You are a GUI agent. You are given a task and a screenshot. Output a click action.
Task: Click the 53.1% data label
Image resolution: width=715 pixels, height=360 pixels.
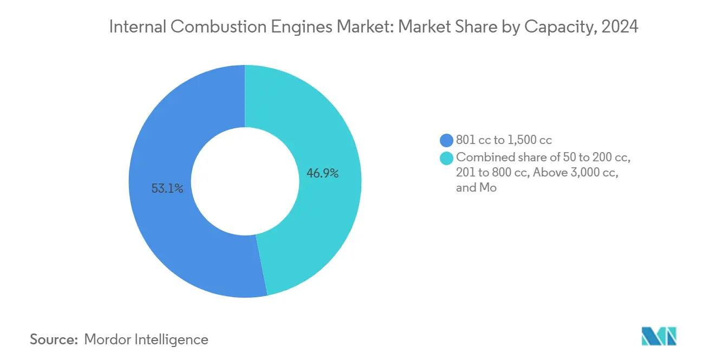tap(167, 189)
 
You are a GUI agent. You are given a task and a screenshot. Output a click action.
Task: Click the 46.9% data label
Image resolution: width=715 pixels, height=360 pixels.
tap(322, 174)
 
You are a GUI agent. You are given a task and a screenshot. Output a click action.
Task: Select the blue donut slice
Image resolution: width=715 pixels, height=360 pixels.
tap(162, 233)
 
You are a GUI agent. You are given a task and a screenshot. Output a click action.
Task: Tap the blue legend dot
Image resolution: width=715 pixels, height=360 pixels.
tap(446, 141)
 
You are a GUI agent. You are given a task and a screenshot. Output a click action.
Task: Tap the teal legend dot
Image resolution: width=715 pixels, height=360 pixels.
tap(446, 158)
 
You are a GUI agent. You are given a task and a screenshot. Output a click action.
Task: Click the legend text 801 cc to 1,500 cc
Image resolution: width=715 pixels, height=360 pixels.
tap(504, 141)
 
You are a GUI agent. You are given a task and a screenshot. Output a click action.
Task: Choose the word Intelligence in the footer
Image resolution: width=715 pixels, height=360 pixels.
tap(175, 339)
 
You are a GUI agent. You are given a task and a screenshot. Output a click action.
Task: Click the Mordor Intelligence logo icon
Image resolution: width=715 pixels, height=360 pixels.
tap(659, 336)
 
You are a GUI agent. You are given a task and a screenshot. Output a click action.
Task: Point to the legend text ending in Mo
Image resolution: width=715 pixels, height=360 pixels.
tap(476, 188)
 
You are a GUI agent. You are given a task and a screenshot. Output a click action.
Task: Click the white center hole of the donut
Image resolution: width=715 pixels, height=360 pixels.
tap(245, 181)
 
